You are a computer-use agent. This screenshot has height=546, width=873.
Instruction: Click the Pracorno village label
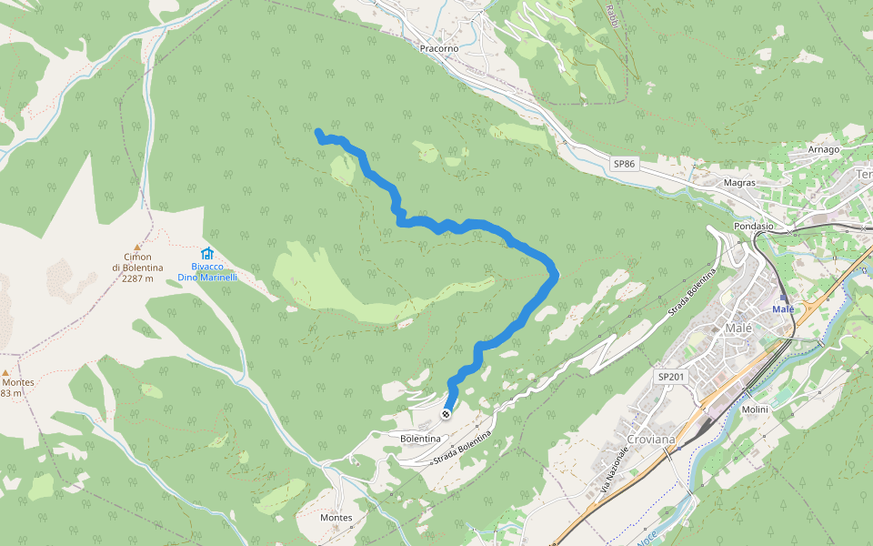point(439,47)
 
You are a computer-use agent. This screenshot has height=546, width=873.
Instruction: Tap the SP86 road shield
point(623,164)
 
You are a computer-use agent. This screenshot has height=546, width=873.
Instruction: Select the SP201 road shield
point(670,376)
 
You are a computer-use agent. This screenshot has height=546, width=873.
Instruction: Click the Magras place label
point(739,182)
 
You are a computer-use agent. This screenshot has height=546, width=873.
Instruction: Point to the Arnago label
point(823,148)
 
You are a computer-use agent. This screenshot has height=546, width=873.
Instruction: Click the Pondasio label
point(753,226)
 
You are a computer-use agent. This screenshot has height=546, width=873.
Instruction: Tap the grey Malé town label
point(739,328)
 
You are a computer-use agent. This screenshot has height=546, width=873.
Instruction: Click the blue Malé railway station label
point(783,309)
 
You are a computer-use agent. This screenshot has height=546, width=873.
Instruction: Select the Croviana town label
point(651,440)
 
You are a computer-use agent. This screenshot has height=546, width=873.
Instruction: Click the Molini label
point(755,409)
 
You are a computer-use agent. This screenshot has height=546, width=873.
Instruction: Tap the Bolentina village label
point(420,439)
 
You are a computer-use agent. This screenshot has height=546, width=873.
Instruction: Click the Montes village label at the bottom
point(336,518)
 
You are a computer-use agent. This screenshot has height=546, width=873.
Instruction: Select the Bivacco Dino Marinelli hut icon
point(207,254)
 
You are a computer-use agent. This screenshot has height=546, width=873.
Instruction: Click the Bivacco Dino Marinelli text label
point(207,271)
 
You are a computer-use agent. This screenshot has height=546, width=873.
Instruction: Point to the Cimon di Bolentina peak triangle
point(138,247)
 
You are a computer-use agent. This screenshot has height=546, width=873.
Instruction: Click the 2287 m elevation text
point(137,278)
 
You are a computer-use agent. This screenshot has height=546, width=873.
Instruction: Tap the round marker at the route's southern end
point(446,415)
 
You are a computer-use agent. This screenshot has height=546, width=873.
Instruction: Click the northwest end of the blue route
point(318,133)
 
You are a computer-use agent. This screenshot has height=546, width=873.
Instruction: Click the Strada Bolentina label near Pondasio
point(693,291)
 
